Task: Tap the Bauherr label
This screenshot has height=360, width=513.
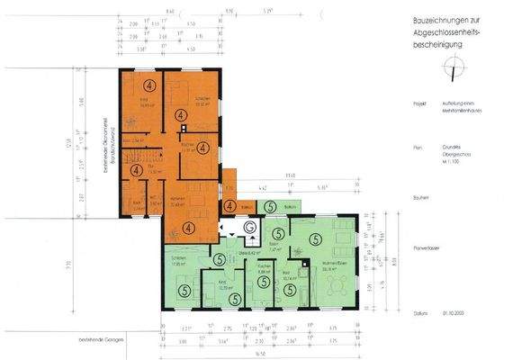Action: (x=418, y=195)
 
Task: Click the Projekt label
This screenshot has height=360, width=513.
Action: (x=418, y=103)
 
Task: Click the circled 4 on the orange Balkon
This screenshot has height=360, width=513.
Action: (x=229, y=206)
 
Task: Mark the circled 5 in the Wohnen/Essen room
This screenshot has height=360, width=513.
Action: (x=315, y=240)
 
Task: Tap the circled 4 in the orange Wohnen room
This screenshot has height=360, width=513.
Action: (x=188, y=228)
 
